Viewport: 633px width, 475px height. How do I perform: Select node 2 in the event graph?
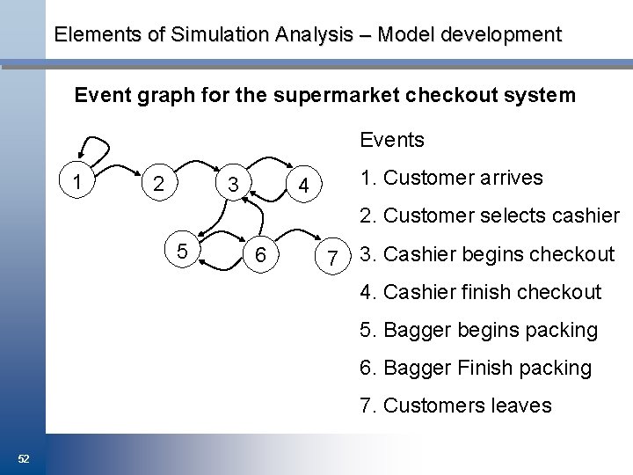tap(156, 186)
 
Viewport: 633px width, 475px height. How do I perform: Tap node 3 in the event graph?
tap(231, 186)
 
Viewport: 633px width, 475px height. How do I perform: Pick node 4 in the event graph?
tap(302, 186)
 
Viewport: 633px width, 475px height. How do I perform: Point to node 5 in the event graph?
tap(182, 252)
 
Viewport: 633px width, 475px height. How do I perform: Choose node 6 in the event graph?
tap(260, 255)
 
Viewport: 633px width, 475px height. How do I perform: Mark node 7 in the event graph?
tap(332, 258)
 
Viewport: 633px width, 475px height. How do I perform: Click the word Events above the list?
tap(392, 140)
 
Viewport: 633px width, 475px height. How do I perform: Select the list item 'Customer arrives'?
tap(452, 178)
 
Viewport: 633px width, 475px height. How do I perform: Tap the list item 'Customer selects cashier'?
tap(491, 216)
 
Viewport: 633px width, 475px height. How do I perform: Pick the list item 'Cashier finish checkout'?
tap(481, 292)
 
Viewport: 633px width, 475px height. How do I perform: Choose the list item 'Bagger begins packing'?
tap(479, 330)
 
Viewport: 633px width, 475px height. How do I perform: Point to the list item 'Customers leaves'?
tap(455, 406)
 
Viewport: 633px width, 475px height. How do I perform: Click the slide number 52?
tap(24, 459)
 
